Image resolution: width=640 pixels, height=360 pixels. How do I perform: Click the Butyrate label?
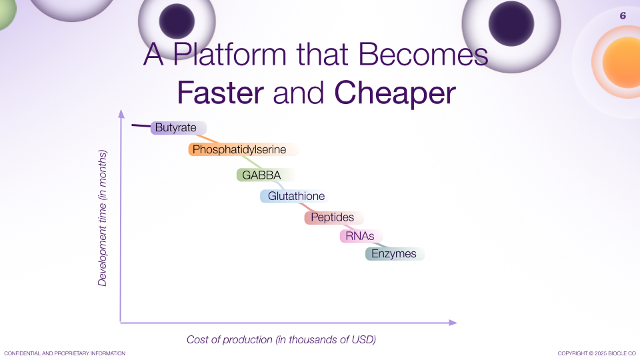[x=179, y=128]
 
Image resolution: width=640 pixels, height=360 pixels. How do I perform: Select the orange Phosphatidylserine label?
[x=243, y=149]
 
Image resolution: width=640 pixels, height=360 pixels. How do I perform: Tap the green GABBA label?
[x=265, y=175]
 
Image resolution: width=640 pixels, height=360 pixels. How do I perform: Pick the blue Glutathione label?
[x=294, y=196]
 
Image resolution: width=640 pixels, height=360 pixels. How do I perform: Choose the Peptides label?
[x=334, y=217]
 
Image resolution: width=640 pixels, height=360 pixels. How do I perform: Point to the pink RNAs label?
[x=361, y=236]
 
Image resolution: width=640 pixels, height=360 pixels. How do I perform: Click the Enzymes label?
[x=395, y=254]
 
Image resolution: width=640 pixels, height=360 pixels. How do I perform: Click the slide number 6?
[x=623, y=15]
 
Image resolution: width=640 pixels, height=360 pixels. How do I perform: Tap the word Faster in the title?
[x=221, y=93]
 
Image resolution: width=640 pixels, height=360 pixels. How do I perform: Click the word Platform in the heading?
[x=230, y=54]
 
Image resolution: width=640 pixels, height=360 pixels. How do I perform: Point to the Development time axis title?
[x=102, y=218]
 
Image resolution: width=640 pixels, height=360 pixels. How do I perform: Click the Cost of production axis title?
[x=281, y=339]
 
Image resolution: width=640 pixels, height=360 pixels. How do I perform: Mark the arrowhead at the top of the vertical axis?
[x=121, y=113]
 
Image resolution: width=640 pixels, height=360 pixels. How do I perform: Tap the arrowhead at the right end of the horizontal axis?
[x=453, y=323]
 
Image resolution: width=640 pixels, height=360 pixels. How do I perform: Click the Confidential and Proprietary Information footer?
[x=65, y=353]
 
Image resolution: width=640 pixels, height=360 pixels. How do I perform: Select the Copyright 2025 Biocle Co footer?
[x=597, y=353]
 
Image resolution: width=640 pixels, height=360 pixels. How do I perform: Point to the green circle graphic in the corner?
[x=7, y=12]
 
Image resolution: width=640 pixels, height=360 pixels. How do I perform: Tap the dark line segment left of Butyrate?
[x=141, y=126]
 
